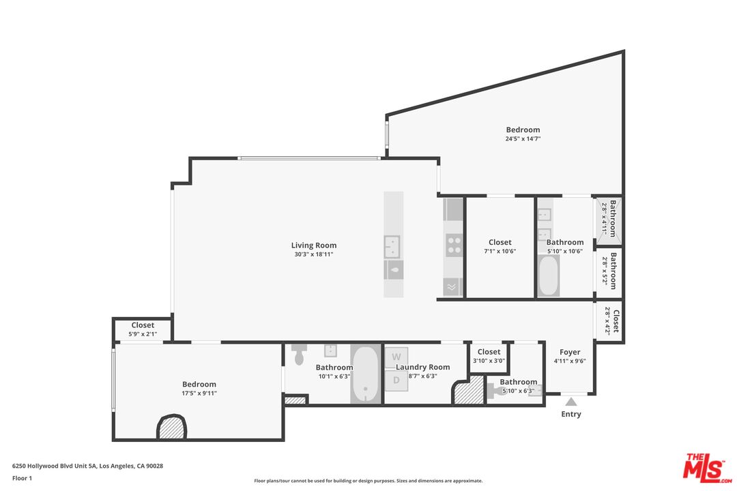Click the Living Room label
(x=314, y=245)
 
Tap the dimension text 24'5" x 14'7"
(x=523, y=139)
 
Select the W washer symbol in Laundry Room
(x=396, y=357)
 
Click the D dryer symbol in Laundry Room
(x=396, y=380)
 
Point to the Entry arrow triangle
(x=570, y=402)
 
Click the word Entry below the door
(x=570, y=414)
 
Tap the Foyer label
(x=570, y=353)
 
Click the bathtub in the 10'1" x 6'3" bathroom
(x=366, y=374)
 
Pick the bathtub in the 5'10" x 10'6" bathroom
(x=549, y=275)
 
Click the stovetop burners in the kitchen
(x=453, y=245)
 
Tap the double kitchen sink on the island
(x=392, y=245)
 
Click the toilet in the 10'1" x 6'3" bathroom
(x=299, y=355)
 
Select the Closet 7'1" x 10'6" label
(x=500, y=242)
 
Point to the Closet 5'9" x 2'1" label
(x=143, y=325)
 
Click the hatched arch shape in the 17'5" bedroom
(x=171, y=428)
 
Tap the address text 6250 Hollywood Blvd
(x=87, y=466)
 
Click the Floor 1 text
(x=22, y=478)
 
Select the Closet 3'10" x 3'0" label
(x=489, y=352)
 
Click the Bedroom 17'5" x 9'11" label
(x=199, y=384)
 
